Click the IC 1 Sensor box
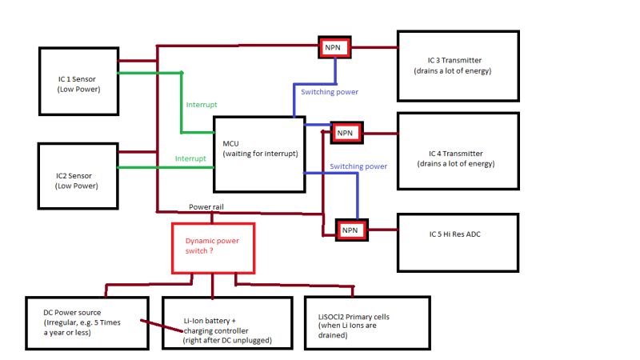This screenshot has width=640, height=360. click(x=78, y=81)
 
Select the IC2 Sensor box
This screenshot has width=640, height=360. click(x=78, y=177)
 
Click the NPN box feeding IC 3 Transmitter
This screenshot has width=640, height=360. click(x=332, y=47)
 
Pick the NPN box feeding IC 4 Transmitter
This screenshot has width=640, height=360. click(x=346, y=132)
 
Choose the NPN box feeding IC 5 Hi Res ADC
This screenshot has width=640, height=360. click(x=351, y=230)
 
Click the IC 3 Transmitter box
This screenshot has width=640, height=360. click(x=458, y=66)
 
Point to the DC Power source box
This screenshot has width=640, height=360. click(x=86, y=322)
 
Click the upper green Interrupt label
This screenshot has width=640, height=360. click(x=201, y=105)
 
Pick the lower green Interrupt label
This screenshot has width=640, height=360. click(x=190, y=158)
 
